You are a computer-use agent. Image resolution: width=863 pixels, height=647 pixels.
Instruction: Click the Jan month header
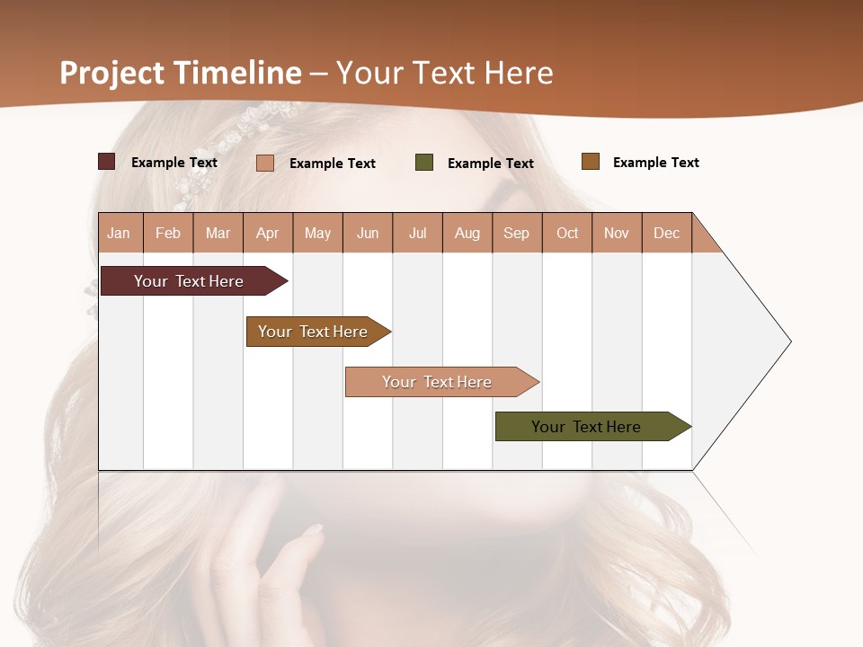119,233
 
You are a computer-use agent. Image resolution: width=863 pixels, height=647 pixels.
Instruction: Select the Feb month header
168,233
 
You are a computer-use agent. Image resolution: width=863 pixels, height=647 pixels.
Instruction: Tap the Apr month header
268,233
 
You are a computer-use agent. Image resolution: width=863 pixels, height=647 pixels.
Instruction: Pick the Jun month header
368,233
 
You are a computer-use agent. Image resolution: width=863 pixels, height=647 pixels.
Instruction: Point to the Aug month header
467,233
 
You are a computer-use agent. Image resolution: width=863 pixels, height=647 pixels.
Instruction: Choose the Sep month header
517,233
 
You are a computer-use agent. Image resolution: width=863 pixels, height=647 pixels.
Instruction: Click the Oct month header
567,233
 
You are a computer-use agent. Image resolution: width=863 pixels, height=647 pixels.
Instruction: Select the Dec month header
667,233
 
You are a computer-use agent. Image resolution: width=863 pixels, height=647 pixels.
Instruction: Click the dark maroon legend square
107,162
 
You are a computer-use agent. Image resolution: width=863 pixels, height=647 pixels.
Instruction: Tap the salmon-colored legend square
265,163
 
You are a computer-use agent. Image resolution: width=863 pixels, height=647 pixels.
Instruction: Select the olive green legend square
424,163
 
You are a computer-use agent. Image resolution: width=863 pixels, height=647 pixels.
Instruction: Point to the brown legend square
591,162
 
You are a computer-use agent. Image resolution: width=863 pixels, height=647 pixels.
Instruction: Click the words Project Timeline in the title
181,73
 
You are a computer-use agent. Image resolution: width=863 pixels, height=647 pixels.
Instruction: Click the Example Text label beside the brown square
656,163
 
